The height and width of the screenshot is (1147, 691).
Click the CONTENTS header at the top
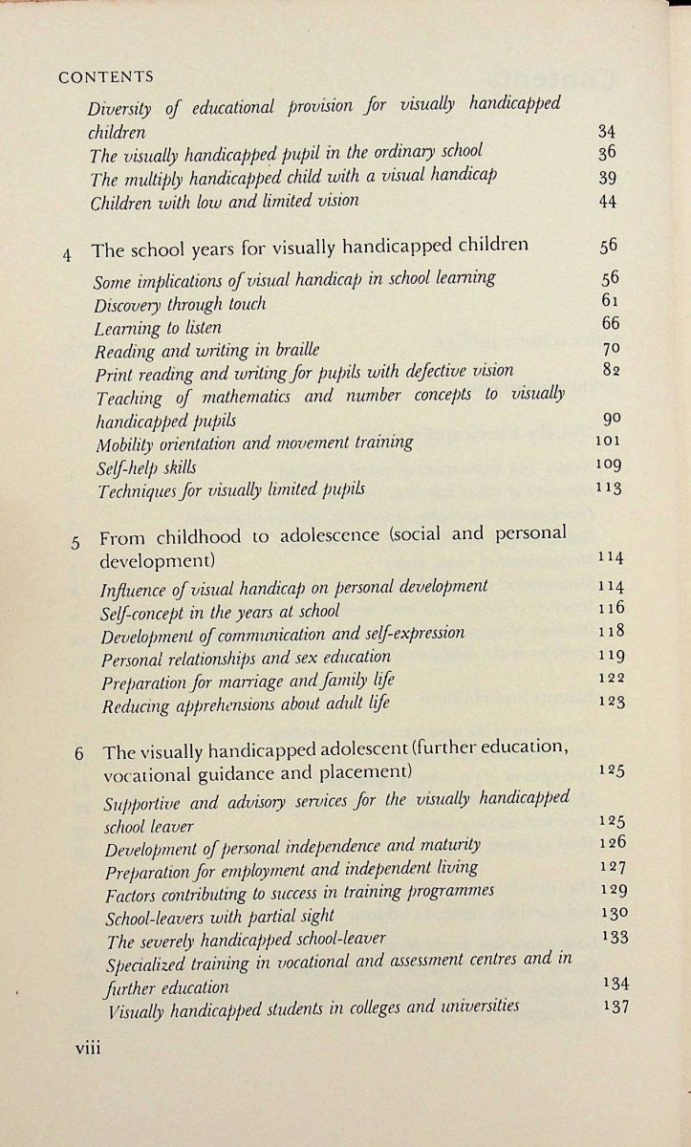[106, 77]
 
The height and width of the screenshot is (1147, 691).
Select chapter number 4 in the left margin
[67, 255]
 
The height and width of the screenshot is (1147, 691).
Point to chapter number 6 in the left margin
[79, 753]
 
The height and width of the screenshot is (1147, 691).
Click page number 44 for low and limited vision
[607, 201]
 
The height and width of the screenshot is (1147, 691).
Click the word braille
[292, 350]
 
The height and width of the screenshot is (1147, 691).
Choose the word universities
[473, 1006]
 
